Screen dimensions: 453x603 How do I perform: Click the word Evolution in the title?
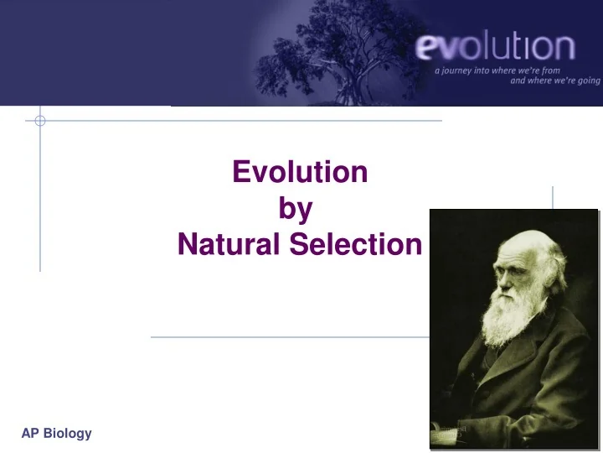(299, 172)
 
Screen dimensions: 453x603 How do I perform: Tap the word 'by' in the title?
(295, 208)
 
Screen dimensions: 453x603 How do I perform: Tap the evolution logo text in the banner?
(495, 47)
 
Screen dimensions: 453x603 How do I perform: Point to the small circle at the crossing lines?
(39, 121)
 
